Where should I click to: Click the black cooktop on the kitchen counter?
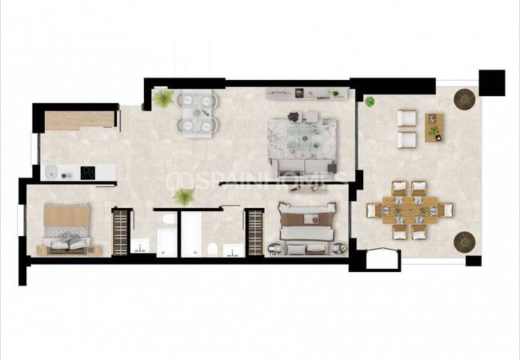88,173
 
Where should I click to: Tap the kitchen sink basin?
51,172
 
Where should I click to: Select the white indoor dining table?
198,114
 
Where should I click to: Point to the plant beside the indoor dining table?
163,98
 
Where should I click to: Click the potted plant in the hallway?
184,197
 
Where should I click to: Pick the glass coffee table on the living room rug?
302,138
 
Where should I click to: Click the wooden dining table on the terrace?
410,210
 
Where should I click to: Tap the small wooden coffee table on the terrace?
434,128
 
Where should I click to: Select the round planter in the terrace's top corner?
464,99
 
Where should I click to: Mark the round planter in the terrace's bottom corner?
464,242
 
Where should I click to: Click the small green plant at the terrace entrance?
370,102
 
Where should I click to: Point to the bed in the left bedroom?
67,230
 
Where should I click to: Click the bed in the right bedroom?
306,228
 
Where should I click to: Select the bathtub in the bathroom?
191,234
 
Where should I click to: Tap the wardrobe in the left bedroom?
120,232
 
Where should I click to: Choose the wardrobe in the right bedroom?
255,232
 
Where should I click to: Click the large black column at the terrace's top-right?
492,83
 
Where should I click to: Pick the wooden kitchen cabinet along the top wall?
79,121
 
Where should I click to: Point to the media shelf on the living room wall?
307,94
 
